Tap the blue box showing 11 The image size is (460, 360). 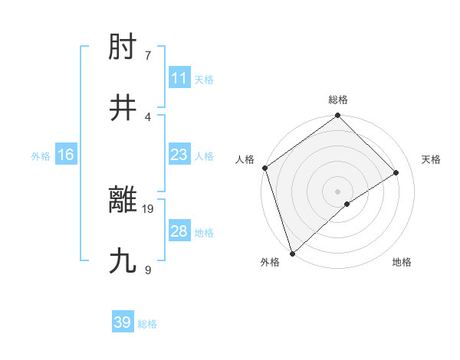[179, 78]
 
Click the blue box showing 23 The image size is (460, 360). [179, 155]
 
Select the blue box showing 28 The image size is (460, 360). [179, 231]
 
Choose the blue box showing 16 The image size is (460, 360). [65, 155]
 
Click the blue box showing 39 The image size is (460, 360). [122, 322]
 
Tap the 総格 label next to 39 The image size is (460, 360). [147, 324]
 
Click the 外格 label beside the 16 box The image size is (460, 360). [41, 155]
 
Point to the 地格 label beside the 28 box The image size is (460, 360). [204, 232]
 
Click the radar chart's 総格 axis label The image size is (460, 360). [338, 100]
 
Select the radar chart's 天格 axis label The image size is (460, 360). [432, 159]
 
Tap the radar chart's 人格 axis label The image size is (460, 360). [245, 159]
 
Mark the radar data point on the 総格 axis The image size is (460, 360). [338, 116]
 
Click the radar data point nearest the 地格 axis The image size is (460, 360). [347, 204]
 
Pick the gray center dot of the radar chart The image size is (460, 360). [338, 191]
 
